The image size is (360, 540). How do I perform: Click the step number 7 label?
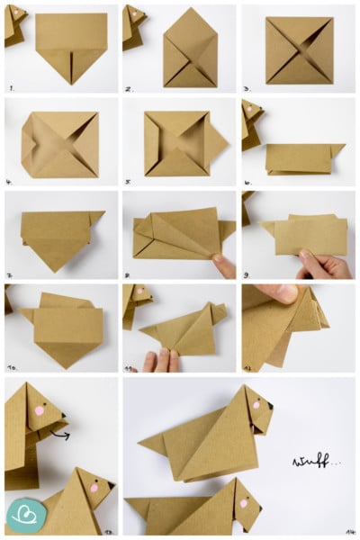[11, 274]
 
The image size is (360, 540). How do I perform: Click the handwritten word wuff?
[310, 463]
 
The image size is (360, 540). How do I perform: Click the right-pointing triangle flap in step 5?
[216, 140]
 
